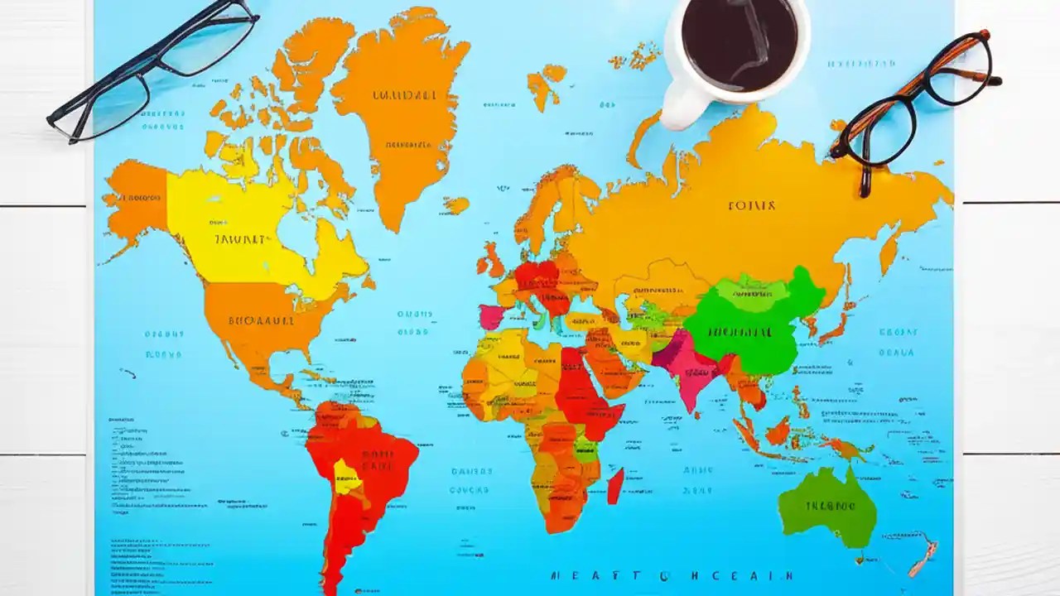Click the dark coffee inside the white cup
(740, 43)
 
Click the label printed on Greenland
(403, 96)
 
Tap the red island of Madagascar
(615, 486)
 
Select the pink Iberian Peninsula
(491, 316)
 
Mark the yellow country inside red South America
(345, 477)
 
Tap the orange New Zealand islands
(923, 558)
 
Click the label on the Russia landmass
(751, 205)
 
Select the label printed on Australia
(829, 505)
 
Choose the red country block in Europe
(537, 276)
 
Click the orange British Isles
(490, 260)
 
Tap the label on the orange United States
(261, 320)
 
